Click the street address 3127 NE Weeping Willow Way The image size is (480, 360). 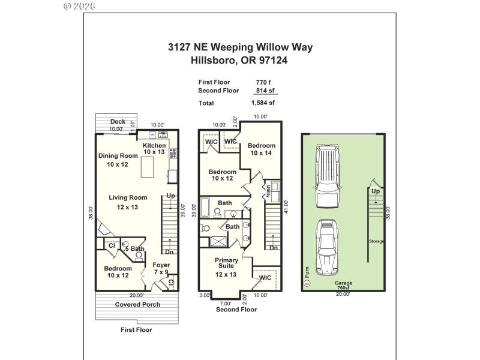pyautogui.click(x=240, y=47)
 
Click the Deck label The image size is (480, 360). pyautogui.click(x=118, y=122)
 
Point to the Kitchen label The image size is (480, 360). pyautogui.click(x=154, y=146)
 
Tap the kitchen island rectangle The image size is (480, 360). pyautogui.click(x=150, y=168)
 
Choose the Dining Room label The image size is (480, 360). pyautogui.click(x=118, y=156)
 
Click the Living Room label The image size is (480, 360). pyautogui.click(x=128, y=197)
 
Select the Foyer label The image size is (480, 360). pyautogui.click(x=161, y=265)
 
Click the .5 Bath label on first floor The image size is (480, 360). pyautogui.click(x=134, y=248)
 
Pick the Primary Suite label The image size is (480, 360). pyautogui.click(x=227, y=263)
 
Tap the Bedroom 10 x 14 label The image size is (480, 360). pyautogui.click(x=262, y=146)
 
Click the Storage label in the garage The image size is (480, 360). pyautogui.click(x=377, y=241)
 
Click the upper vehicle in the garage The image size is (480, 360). pyautogui.click(x=328, y=170)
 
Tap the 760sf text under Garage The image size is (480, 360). pyautogui.click(x=344, y=289)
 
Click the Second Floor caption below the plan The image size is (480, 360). pyautogui.click(x=236, y=310)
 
